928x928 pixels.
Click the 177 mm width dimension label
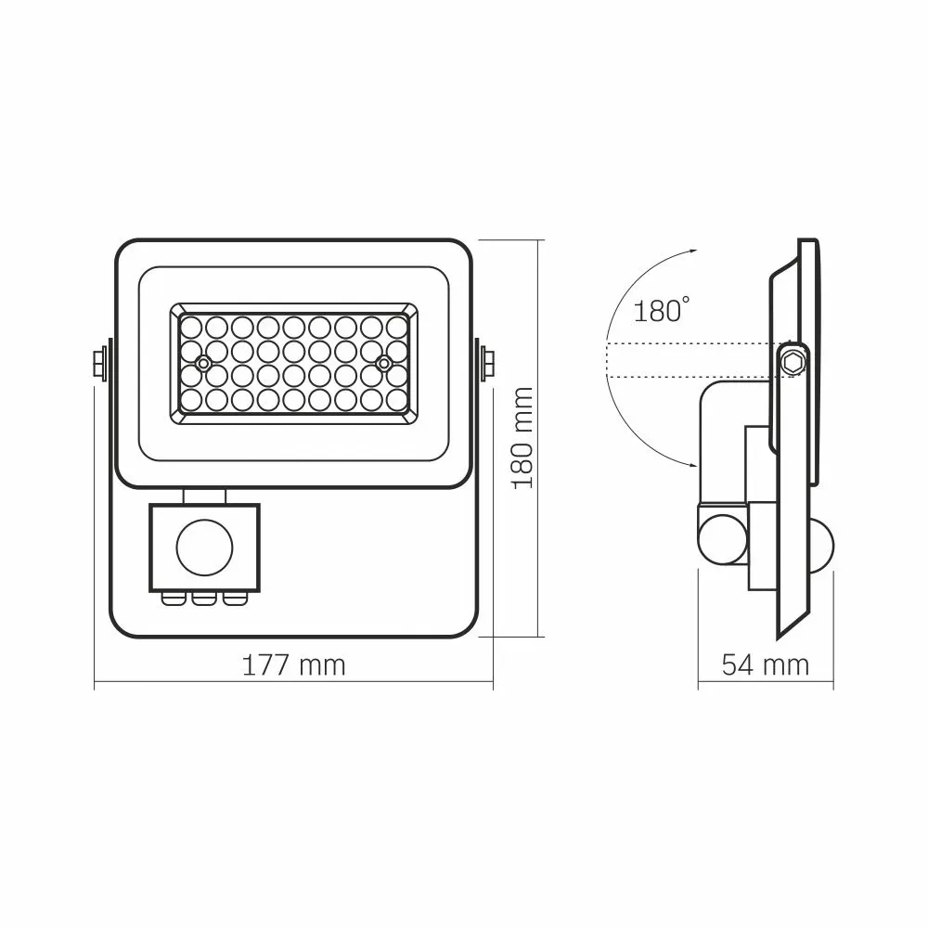[293, 665]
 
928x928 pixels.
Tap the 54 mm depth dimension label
[765, 665]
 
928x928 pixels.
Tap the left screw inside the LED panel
[201, 362]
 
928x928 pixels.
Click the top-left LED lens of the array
[191, 328]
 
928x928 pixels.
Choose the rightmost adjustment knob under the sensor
[232, 598]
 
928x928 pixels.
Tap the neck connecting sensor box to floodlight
[203, 495]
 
